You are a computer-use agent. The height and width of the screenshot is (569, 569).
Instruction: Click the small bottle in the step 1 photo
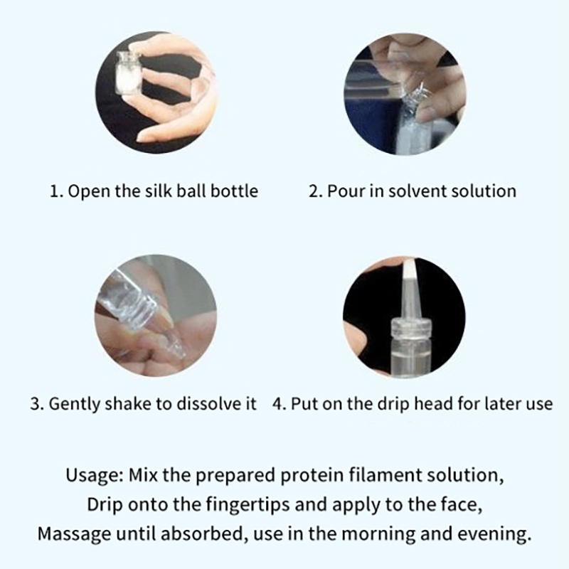click(128, 73)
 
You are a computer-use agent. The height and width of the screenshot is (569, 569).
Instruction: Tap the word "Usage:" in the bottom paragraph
click(95, 476)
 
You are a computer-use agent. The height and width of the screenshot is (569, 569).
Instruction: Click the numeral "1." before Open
click(56, 191)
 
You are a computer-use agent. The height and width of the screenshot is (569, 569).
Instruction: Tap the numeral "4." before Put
click(279, 403)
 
